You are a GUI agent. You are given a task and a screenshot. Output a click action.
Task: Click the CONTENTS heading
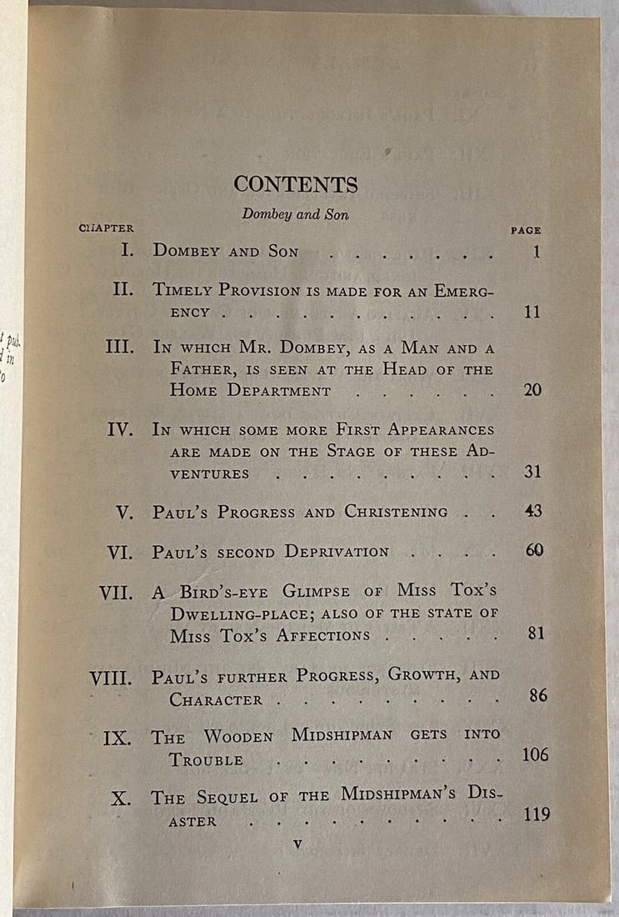pyautogui.click(x=296, y=184)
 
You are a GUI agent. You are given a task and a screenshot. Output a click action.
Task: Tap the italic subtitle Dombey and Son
pyautogui.click(x=295, y=214)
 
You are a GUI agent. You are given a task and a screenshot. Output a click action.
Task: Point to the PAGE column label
pyautogui.click(x=526, y=230)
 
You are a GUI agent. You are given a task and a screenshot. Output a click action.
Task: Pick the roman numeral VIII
pyautogui.click(x=111, y=678)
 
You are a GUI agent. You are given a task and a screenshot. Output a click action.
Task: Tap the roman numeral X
pyautogui.click(x=121, y=798)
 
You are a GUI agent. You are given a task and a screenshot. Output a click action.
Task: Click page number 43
pyautogui.click(x=533, y=510)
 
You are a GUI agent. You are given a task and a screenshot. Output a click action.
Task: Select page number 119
pyautogui.click(x=537, y=813)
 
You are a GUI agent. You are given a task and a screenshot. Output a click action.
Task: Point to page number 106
pyautogui.click(x=536, y=754)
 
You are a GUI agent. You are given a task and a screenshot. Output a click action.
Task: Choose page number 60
pyautogui.click(x=534, y=550)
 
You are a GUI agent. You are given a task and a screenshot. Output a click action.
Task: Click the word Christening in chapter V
pyautogui.click(x=396, y=512)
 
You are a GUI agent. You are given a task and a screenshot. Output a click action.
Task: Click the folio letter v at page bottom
pyautogui.click(x=297, y=844)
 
